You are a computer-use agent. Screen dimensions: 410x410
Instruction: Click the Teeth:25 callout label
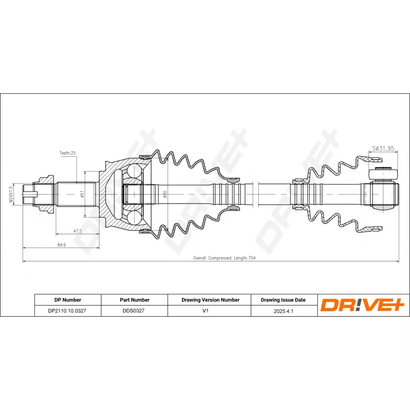click(x=67, y=153)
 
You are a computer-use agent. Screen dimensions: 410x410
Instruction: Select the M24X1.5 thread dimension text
click(x=10, y=194)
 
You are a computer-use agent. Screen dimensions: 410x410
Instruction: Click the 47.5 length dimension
click(x=77, y=231)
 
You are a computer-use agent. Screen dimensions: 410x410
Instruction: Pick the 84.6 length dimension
click(x=61, y=245)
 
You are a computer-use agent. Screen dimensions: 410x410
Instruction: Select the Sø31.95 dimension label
click(x=382, y=149)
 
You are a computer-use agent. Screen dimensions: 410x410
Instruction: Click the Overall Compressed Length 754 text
click(x=224, y=258)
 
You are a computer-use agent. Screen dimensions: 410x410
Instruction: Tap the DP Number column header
click(x=68, y=300)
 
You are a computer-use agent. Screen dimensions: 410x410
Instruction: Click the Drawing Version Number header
click(x=210, y=300)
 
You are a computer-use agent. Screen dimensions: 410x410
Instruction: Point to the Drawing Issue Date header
click(x=283, y=300)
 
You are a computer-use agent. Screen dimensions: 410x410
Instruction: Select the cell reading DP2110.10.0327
click(x=68, y=311)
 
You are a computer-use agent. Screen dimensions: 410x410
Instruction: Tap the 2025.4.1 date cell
click(x=283, y=311)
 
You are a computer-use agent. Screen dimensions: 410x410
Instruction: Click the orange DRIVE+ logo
click(x=362, y=305)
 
